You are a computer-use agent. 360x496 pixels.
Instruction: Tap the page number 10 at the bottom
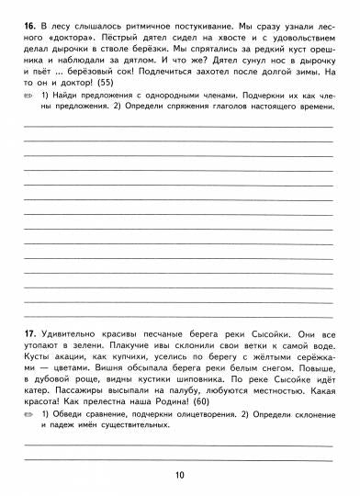[179, 475]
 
